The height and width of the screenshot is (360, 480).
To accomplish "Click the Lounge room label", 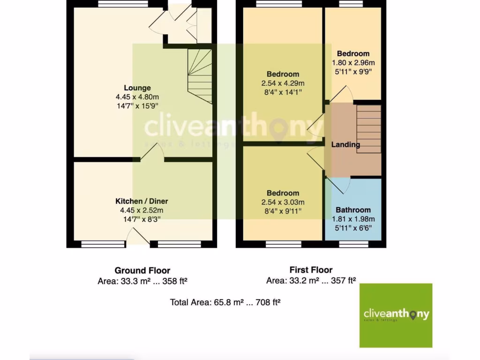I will click(137, 88).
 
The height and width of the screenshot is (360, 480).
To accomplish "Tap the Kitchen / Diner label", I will click(142, 201).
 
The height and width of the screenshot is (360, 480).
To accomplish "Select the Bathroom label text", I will click(353, 210).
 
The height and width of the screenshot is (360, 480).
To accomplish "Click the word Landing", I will click(345, 144).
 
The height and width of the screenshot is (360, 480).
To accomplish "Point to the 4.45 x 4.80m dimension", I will click(137, 97).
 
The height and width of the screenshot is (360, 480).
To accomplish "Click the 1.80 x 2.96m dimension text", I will click(353, 62).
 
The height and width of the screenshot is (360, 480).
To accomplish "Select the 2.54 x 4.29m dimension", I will click(283, 83).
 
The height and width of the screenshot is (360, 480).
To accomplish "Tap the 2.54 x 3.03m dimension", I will click(283, 202).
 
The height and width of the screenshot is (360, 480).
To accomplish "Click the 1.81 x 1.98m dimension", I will click(353, 219).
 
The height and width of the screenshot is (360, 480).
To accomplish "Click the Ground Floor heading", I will click(142, 270).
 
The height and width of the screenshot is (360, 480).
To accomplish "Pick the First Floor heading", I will click(311, 270).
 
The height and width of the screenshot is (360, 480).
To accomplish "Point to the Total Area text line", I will click(225, 302).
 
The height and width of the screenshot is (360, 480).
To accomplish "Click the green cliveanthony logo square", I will click(396, 315).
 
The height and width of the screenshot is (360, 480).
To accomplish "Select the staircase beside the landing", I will click(368, 128).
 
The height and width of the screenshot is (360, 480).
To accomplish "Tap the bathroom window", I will click(353, 244).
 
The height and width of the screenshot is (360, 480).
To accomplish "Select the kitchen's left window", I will click(97, 244).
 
